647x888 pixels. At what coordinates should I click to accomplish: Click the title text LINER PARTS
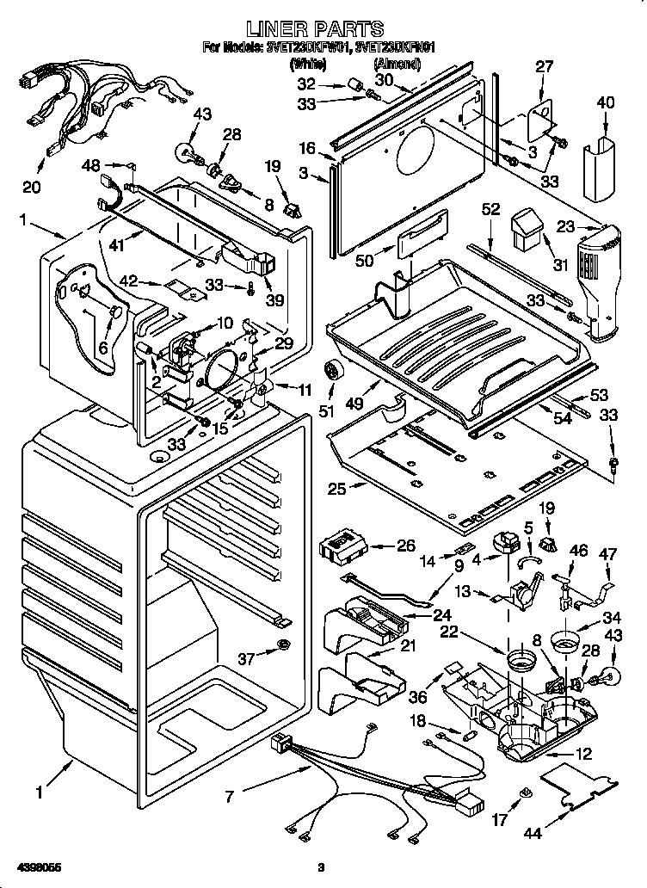[322, 30]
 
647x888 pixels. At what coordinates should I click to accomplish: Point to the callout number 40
[606, 102]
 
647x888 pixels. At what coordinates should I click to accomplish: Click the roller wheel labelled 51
[331, 373]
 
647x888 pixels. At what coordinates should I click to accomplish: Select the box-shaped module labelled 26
[342, 546]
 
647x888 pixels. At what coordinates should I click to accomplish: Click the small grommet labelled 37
[284, 645]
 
